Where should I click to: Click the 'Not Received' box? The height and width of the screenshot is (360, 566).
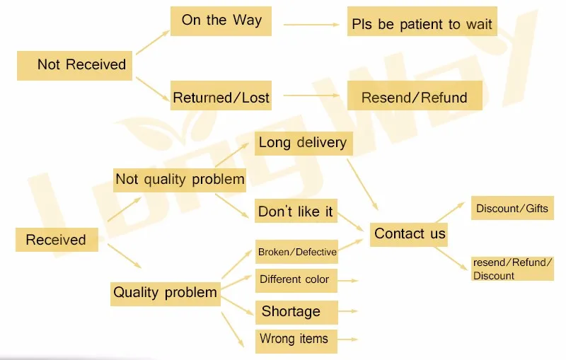(74, 64)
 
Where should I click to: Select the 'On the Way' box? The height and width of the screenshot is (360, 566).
(221, 21)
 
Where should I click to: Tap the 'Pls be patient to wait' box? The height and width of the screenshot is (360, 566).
(422, 24)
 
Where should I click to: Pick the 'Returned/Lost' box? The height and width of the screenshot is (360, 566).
(221, 98)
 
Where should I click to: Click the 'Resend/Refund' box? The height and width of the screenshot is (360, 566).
(414, 98)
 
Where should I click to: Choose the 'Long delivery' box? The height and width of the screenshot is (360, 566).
(303, 143)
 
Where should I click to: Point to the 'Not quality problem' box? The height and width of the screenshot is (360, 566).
(180, 180)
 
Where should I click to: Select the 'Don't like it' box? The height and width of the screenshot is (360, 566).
(295, 211)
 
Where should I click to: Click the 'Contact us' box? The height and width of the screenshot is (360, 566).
(410, 233)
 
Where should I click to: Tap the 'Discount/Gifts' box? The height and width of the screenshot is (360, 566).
(512, 209)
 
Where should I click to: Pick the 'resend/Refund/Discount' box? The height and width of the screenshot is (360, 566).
(512, 269)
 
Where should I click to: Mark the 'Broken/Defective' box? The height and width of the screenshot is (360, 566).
(296, 252)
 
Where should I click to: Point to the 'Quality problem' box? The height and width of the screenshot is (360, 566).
(165, 293)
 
